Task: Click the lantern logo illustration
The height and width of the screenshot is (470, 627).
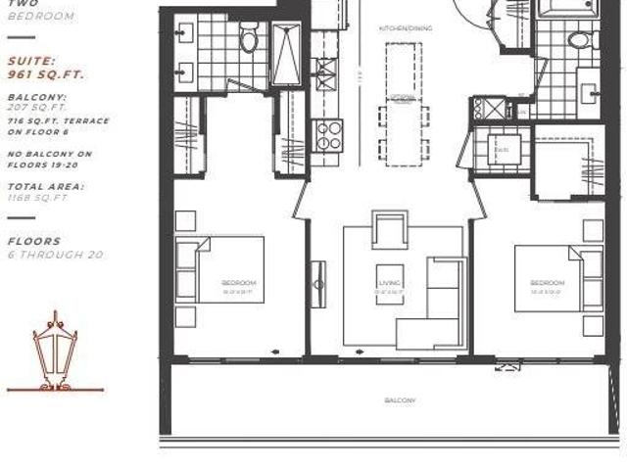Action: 55,352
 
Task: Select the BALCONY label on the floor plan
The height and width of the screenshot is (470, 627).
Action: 400,400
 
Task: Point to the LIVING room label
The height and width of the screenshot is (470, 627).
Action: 390,284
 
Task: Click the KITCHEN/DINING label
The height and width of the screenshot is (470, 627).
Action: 400,28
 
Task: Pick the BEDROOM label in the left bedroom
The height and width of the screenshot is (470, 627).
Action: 238,284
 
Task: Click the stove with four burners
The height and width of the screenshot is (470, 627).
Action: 329,134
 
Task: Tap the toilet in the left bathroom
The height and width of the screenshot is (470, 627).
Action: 250,39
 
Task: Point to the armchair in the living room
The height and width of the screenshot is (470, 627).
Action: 389,232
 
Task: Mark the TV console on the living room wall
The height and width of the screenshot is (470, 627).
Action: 318,283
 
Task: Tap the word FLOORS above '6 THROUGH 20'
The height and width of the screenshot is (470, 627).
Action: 34,241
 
